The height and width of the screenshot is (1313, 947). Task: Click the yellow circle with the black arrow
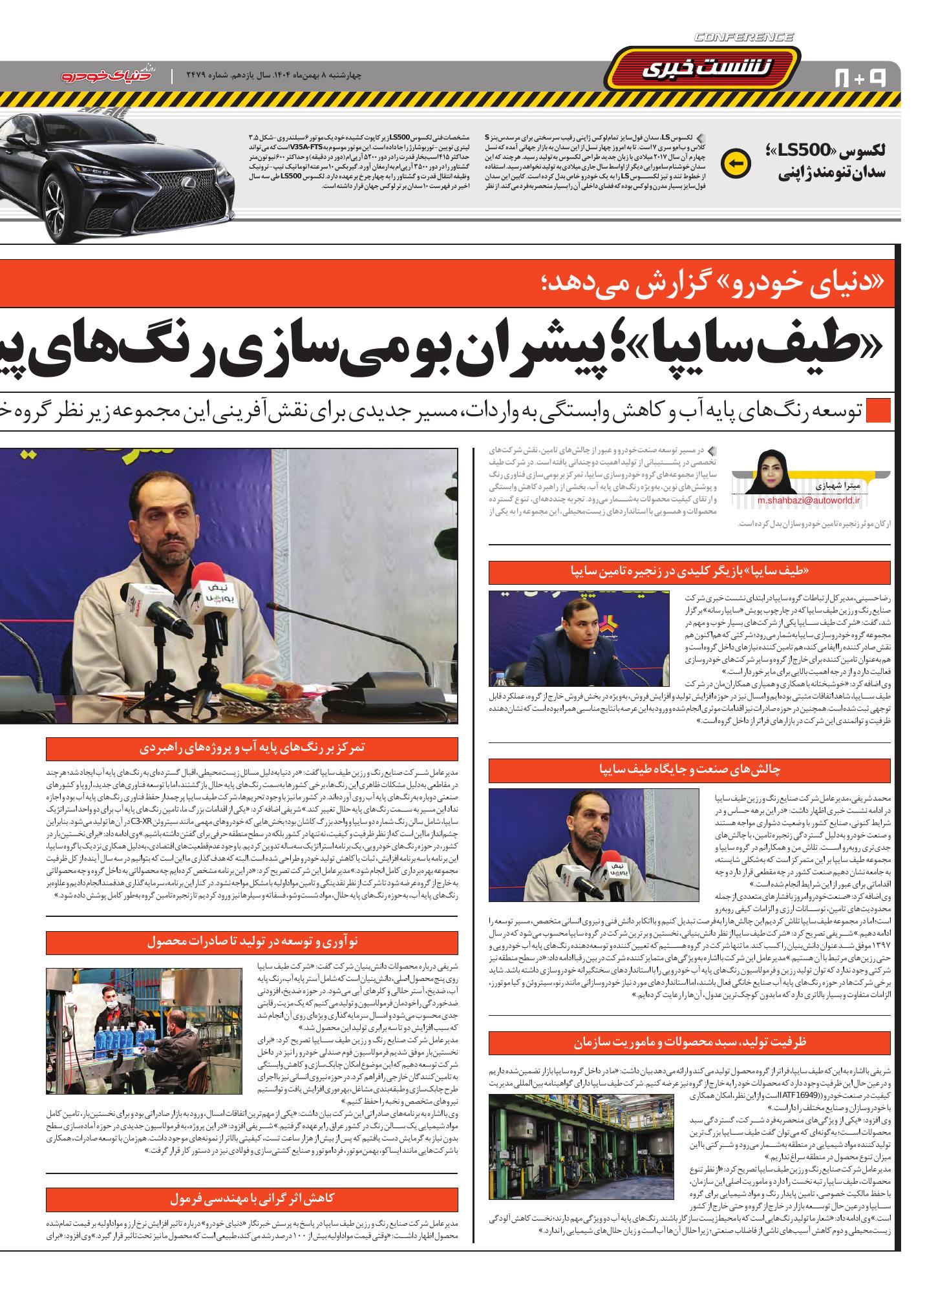(739, 163)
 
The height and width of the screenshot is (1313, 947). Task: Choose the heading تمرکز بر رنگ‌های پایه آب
(252, 749)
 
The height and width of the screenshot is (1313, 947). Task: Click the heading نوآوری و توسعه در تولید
(252, 941)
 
